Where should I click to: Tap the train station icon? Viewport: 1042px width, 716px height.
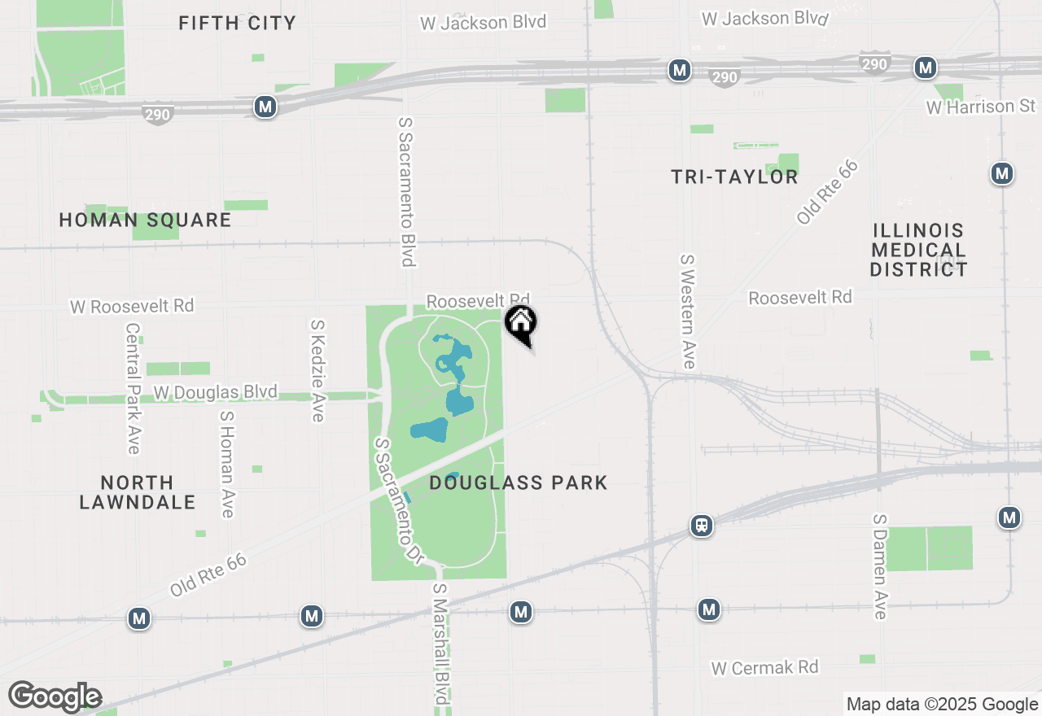(x=701, y=526)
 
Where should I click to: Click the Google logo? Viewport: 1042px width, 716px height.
(x=55, y=696)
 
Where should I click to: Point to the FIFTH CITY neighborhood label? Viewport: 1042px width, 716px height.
(x=237, y=23)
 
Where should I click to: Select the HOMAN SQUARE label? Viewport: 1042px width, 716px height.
(x=145, y=220)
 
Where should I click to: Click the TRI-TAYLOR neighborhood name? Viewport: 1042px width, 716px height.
(x=734, y=177)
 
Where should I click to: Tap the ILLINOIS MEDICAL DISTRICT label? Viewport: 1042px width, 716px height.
(x=918, y=250)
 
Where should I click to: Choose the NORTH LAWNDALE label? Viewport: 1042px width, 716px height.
(x=138, y=492)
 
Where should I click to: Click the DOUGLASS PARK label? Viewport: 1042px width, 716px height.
(x=519, y=482)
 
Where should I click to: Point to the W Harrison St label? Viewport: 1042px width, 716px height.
(x=981, y=107)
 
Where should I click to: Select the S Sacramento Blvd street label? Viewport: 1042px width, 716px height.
(x=407, y=191)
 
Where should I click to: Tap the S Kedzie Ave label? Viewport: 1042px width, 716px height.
(x=317, y=370)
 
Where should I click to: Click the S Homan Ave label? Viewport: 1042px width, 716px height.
(x=227, y=464)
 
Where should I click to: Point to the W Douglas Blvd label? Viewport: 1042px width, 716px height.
(x=215, y=392)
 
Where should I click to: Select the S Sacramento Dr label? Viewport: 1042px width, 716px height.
(x=400, y=500)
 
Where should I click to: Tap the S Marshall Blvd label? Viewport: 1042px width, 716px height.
(x=440, y=644)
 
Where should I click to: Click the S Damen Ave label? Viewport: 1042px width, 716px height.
(x=878, y=566)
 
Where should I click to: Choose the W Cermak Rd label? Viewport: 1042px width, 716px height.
(x=764, y=668)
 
